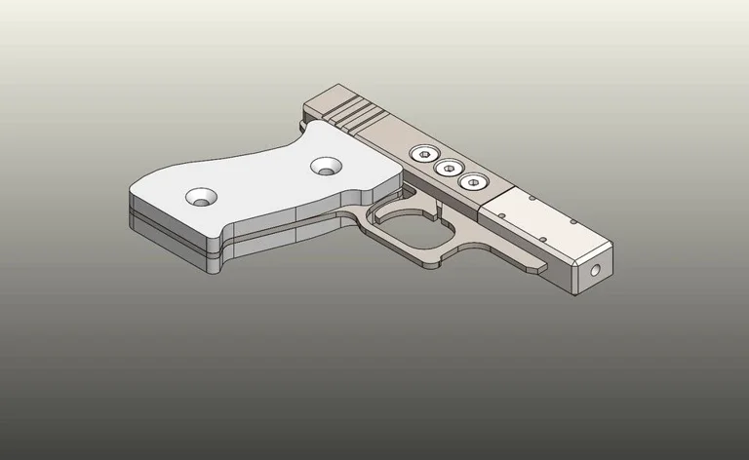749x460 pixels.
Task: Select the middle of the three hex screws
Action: [449, 169]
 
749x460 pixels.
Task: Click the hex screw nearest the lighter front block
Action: [473, 181]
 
